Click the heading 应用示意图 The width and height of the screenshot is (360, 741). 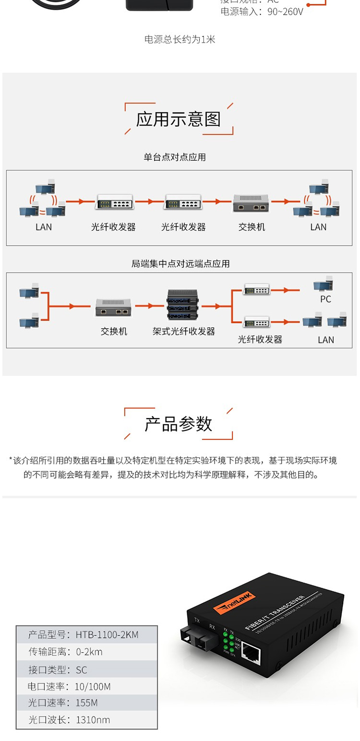(179, 119)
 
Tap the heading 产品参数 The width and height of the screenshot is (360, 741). (179, 424)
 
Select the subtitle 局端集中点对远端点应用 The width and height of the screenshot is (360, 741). (180, 263)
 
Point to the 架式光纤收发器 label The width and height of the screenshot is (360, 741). (184, 331)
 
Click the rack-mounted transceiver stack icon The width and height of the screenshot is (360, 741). (183, 305)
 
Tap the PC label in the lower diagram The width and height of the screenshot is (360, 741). (325, 299)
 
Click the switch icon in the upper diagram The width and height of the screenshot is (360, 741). (250, 203)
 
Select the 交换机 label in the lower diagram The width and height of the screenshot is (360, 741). (114, 331)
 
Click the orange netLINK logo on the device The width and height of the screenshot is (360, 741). (234, 603)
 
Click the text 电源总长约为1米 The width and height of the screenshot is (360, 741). (180, 39)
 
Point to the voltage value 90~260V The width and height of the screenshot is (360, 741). (285, 12)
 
